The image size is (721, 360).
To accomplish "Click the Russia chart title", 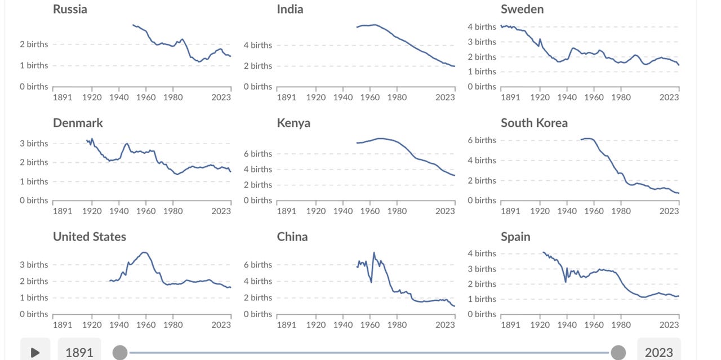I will (70, 9).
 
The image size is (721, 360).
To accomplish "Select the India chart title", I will (290, 9).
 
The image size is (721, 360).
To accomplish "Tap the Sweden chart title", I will (522, 9).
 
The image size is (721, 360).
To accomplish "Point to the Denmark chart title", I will (78, 123).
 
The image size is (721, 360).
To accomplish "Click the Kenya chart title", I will (293, 123).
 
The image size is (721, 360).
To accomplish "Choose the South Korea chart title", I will (534, 123).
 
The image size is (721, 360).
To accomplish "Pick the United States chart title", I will (90, 237).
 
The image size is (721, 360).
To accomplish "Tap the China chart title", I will (292, 237).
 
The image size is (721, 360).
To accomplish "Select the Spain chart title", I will (515, 237).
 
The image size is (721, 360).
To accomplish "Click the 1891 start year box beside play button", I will (79, 352).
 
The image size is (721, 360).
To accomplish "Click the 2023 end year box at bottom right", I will (658, 352).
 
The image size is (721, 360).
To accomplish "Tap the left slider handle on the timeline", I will (120, 353).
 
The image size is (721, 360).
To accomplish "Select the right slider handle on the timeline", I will (618, 353).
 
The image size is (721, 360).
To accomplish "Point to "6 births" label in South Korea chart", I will (482, 140).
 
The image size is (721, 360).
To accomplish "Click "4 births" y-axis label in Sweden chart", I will (482, 27).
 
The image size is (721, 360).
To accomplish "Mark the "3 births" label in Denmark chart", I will (34, 143).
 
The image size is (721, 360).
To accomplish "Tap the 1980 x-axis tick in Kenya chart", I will (397, 211).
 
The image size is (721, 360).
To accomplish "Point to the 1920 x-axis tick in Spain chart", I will (540, 325).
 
